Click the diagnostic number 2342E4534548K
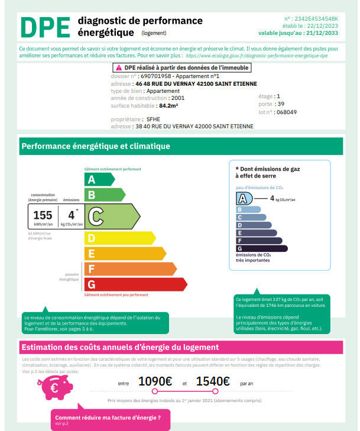319,19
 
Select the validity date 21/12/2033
324,33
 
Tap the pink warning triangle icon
119,69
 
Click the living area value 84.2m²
168,105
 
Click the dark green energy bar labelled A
99,179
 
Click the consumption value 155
43,215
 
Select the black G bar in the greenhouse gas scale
261,248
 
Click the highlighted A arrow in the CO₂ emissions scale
244,199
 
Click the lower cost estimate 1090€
155,382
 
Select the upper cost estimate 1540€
213,382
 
